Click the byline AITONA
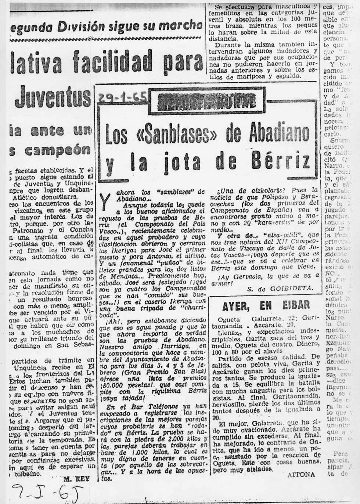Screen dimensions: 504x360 coord(302,474)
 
